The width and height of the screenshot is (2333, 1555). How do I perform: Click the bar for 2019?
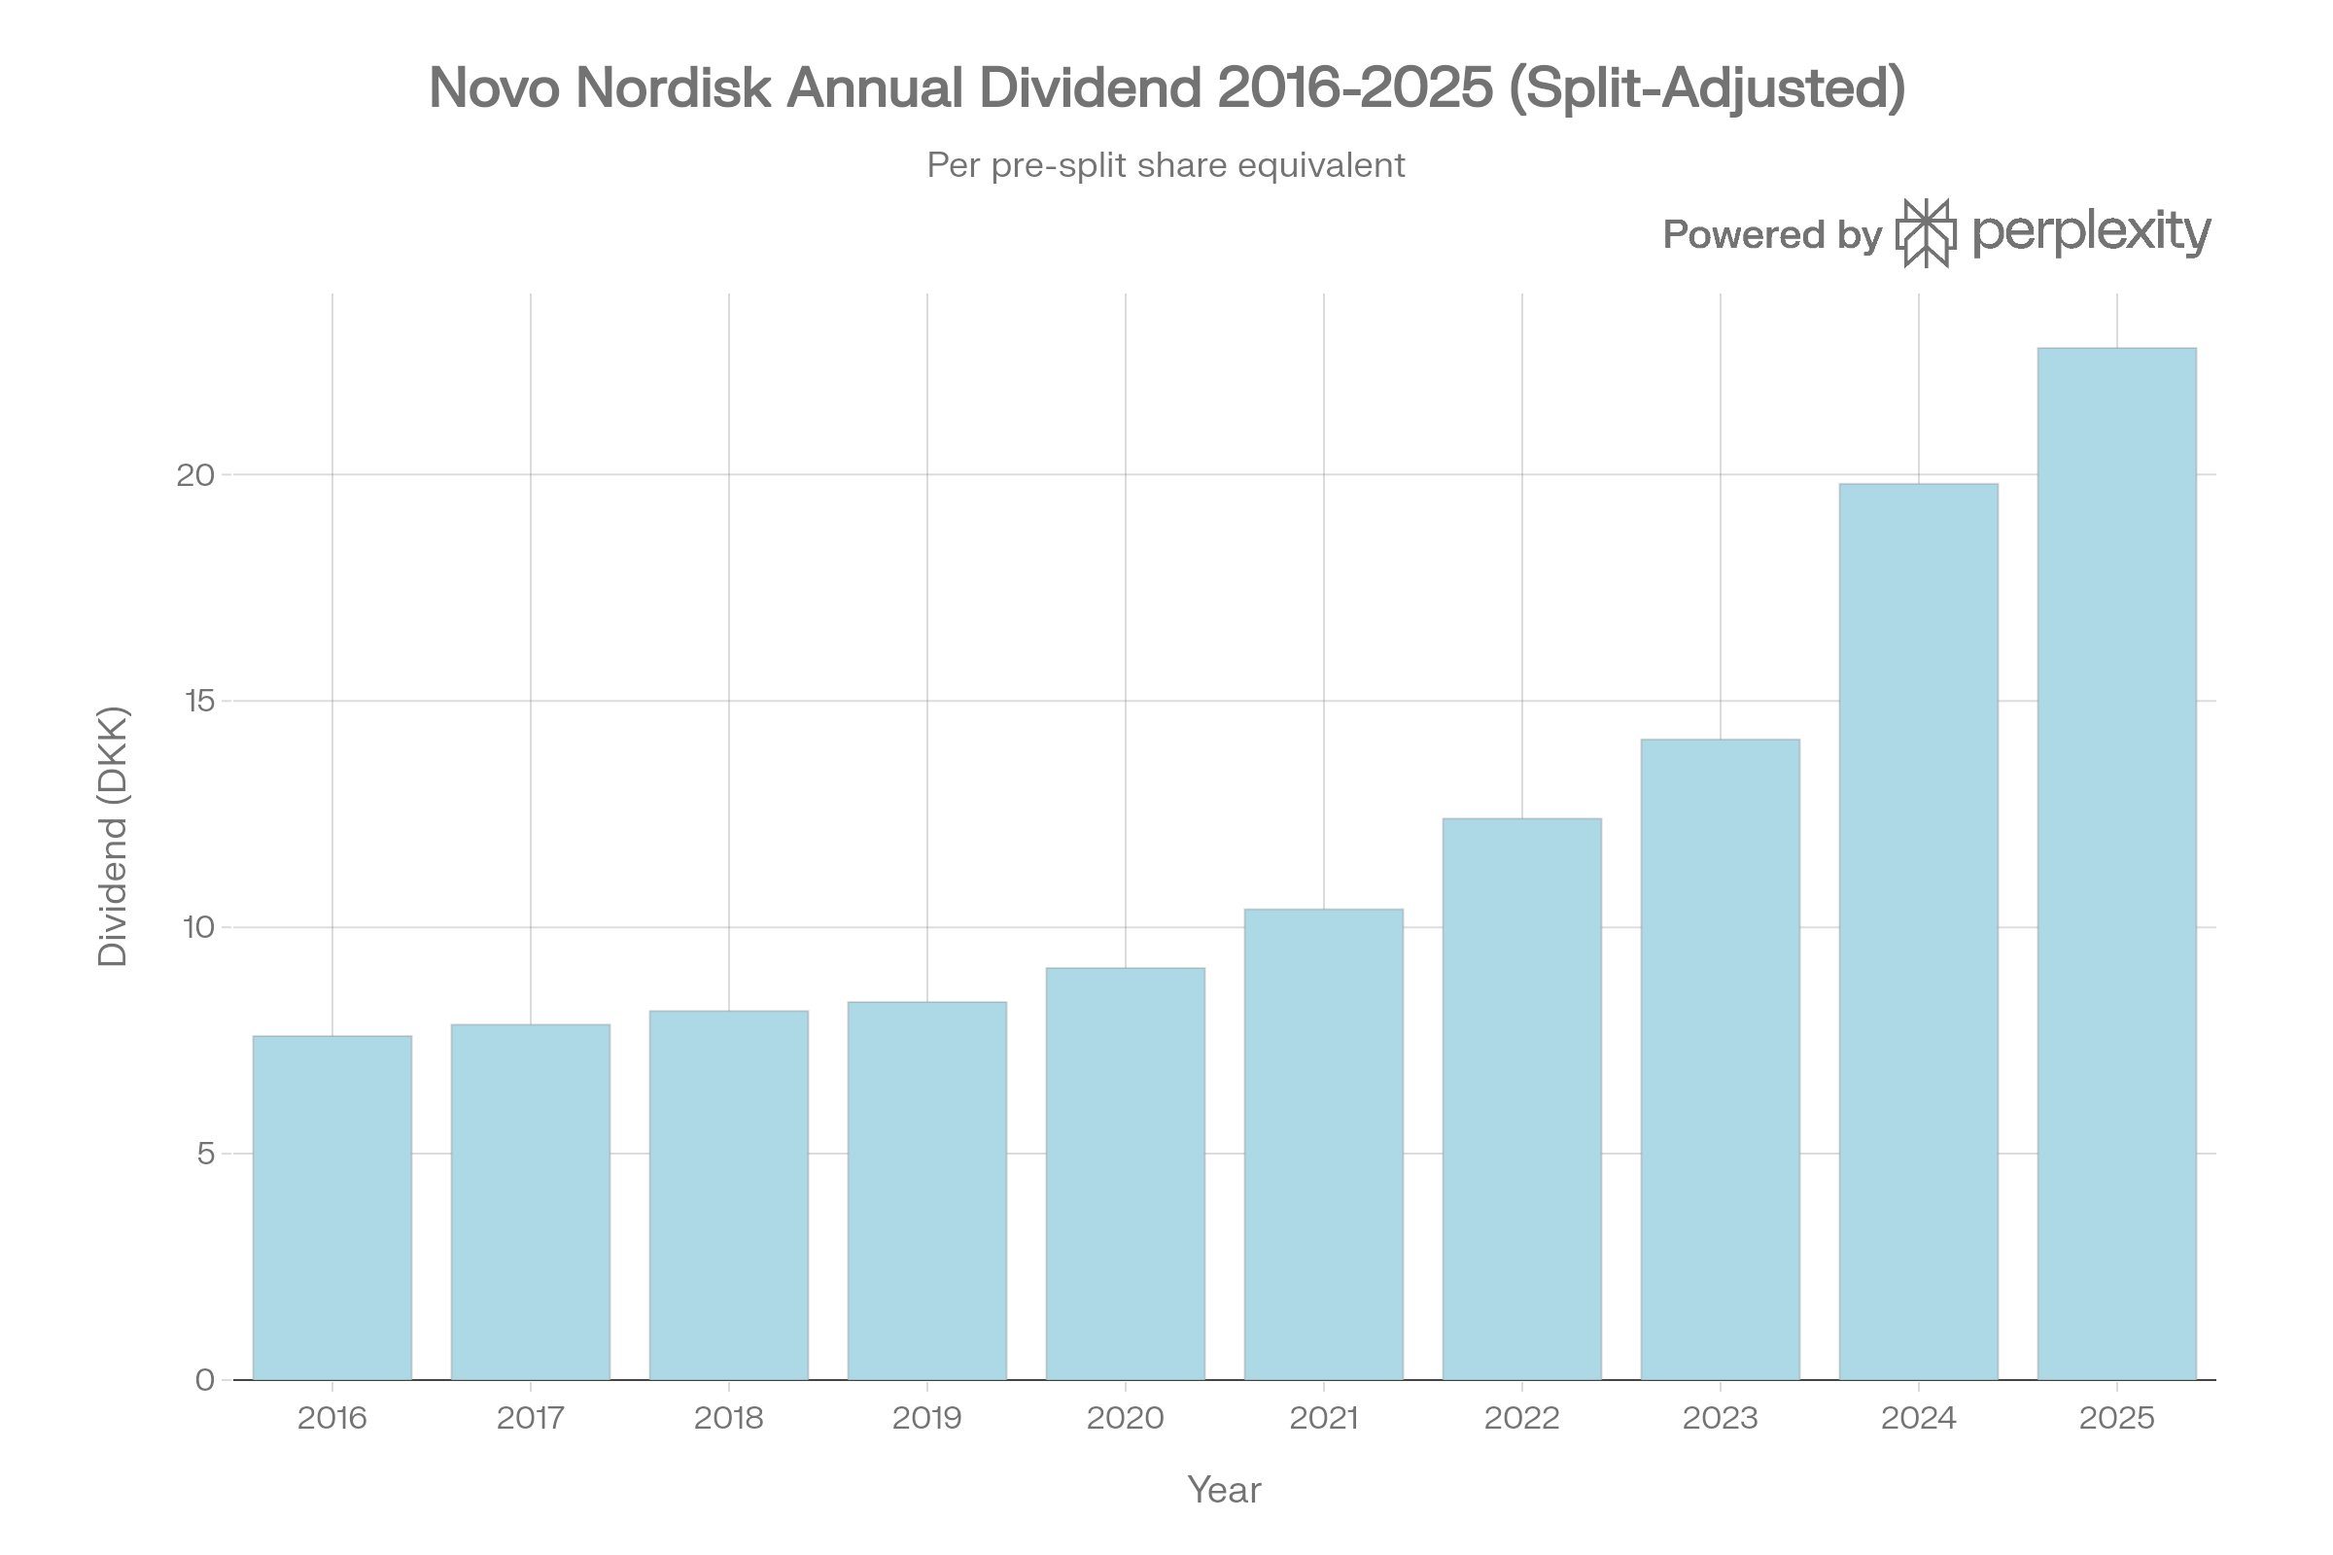[926, 1190]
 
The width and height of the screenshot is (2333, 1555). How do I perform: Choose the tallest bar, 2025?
[2117, 863]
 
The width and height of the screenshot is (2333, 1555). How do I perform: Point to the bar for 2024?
[1918, 932]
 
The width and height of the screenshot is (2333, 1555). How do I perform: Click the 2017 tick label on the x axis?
[531, 1418]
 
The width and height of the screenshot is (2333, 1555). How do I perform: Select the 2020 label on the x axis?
[1125, 1418]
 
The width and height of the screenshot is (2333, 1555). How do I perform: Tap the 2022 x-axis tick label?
[1521, 1418]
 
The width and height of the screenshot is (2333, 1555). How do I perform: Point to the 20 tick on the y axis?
[195, 475]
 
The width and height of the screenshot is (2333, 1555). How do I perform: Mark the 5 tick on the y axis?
[205, 1154]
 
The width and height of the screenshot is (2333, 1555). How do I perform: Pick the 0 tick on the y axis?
[205, 1380]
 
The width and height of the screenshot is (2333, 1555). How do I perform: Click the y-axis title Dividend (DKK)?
[113, 836]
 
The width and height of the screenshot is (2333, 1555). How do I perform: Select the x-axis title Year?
[1224, 1491]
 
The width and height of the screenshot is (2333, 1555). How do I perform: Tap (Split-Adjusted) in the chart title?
[1706, 87]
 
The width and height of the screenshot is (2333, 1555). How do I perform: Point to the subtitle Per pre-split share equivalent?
[1166, 164]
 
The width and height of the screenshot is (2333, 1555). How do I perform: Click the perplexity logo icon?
[1926, 233]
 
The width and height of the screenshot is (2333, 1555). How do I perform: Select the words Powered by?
[1771, 235]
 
